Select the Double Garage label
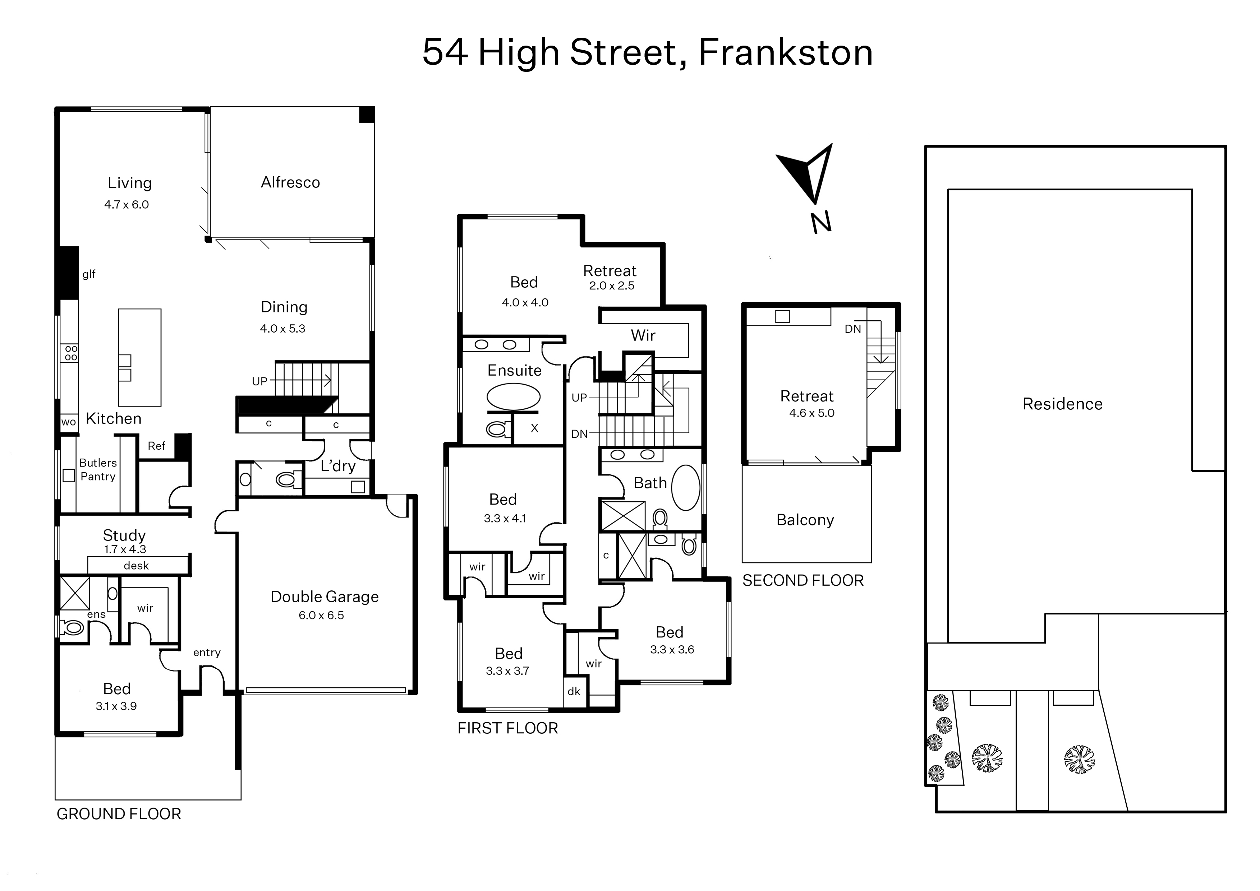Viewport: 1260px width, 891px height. coord(325,597)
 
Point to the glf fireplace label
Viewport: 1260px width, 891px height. coord(89,274)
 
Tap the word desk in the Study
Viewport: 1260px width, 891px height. coord(136,566)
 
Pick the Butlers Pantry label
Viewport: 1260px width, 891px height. coord(98,470)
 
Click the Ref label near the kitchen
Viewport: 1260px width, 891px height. coord(156,446)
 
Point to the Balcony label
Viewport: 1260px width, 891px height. coord(805,520)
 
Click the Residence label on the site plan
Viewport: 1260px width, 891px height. coord(1062,404)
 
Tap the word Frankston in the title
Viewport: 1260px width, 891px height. coord(786,53)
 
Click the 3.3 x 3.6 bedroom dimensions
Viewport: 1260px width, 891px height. coord(672,650)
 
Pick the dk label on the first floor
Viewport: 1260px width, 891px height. coord(574,691)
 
